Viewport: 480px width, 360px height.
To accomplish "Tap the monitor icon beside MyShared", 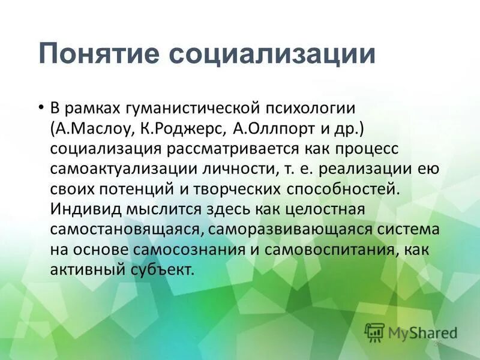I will tap(374, 332).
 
